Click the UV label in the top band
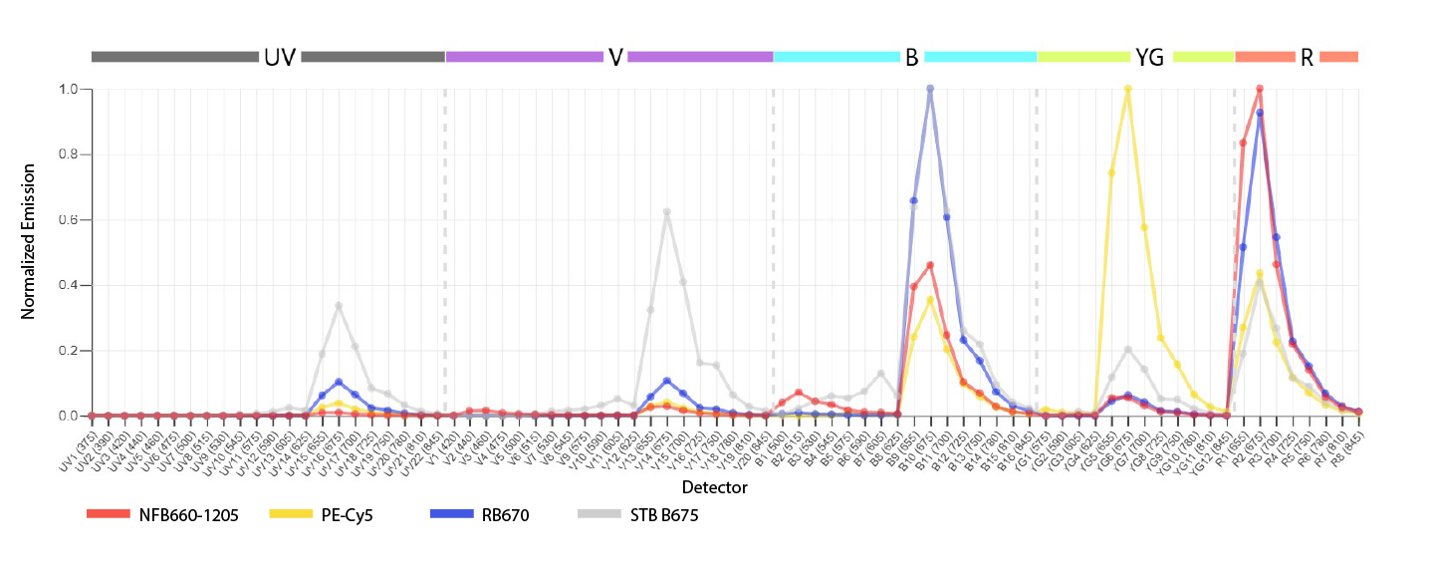(x=280, y=57)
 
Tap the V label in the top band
(x=615, y=57)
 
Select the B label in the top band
(x=911, y=57)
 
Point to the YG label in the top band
(x=1149, y=57)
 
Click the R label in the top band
(x=1307, y=57)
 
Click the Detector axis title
(x=714, y=487)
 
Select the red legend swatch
(x=114, y=525)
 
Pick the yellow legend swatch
(x=296, y=525)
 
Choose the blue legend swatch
(x=456, y=525)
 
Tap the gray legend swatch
(x=603, y=525)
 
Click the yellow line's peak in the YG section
(x=1127, y=89)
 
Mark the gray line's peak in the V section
(x=667, y=211)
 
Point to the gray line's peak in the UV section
(x=339, y=305)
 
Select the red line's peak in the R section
(x=1260, y=89)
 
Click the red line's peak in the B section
(x=930, y=265)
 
